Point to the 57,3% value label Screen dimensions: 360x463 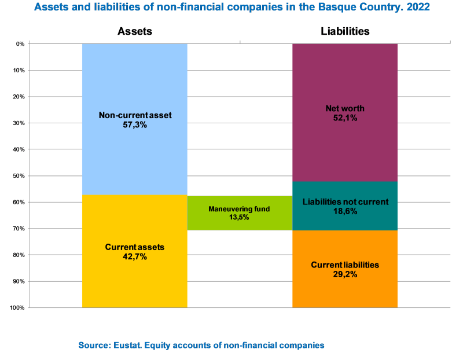135,125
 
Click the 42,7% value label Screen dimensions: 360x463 135,257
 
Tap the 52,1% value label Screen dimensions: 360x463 345,118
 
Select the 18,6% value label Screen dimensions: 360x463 345,212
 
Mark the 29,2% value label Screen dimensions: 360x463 345,275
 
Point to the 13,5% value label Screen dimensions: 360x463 240,218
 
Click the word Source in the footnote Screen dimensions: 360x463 93,345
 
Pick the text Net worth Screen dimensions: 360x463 345,108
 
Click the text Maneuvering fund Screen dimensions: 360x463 240,209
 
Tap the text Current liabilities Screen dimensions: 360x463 345,265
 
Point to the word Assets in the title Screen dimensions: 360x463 49,8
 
